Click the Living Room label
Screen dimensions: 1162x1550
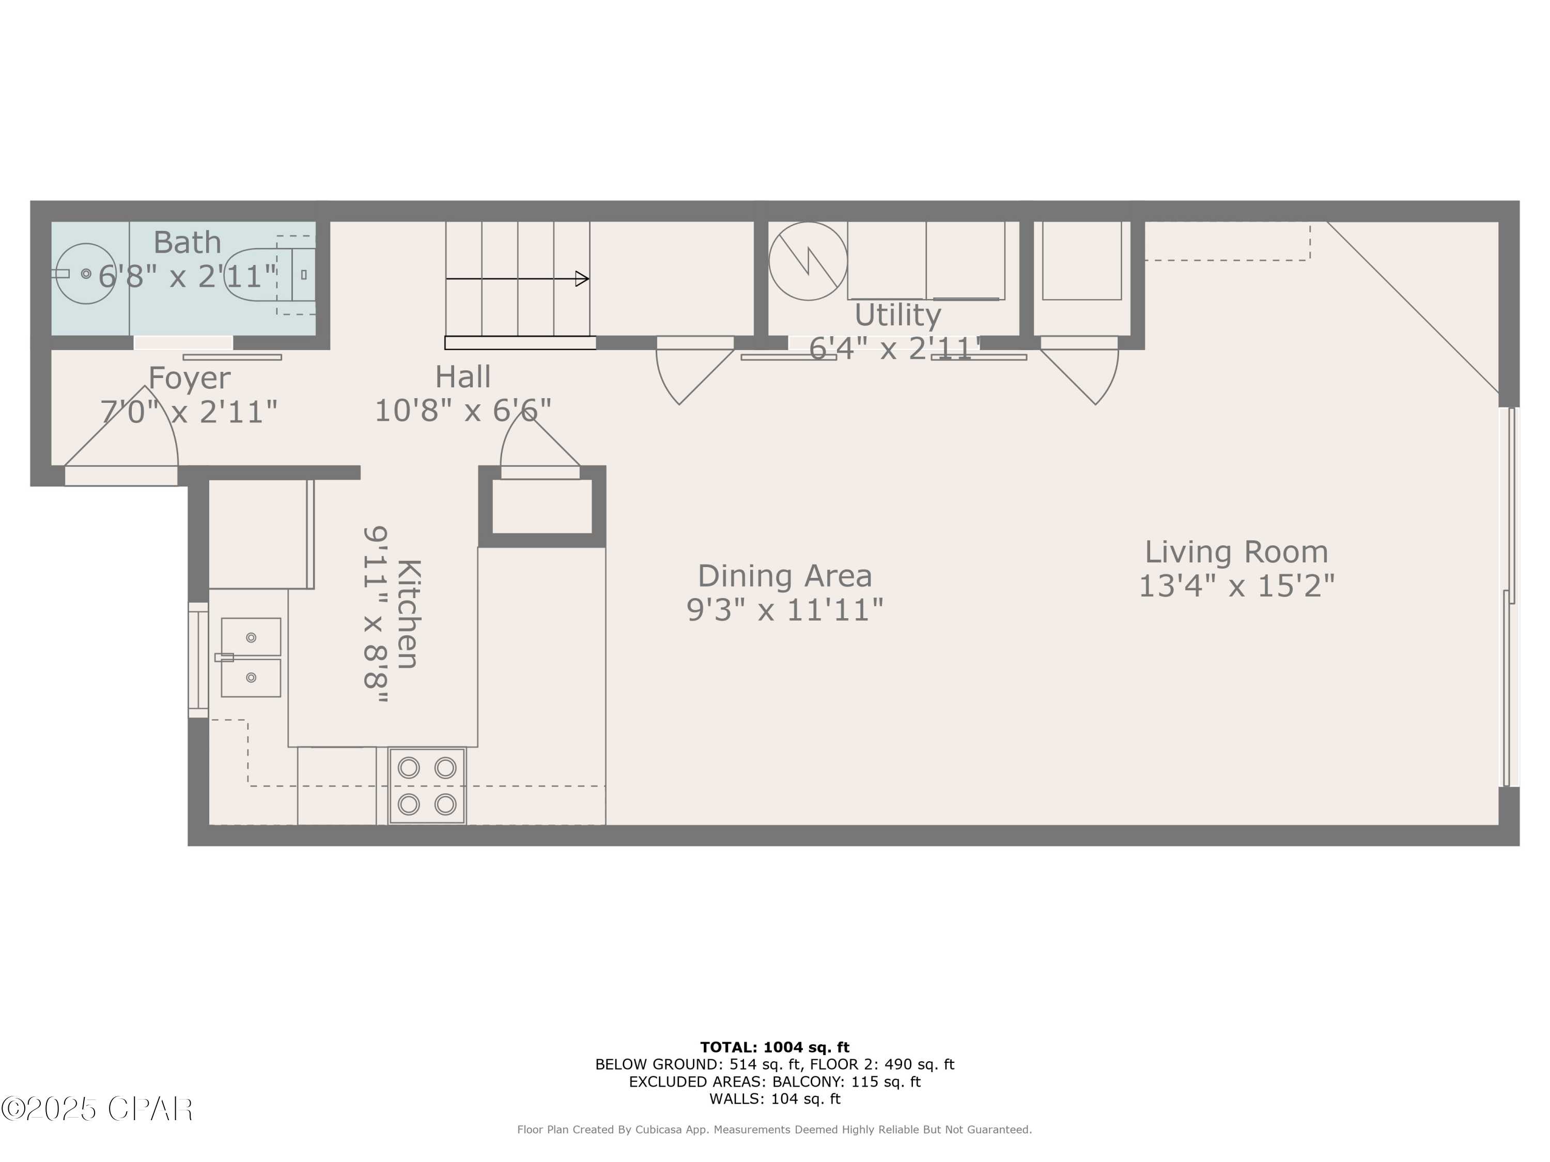(x=1236, y=552)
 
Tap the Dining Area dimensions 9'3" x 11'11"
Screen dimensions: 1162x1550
(x=784, y=610)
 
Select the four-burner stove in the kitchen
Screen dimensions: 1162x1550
(x=427, y=786)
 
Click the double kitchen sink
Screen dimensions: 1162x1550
(x=251, y=657)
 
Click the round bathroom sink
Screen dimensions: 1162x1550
(x=85, y=274)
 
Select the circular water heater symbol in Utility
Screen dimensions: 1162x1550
(x=808, y=261)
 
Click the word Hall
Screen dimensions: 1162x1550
(x=462, y=377)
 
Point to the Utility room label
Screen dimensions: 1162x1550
(x=897, y=315)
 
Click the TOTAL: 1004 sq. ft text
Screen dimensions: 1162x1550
(x=774, y=1047)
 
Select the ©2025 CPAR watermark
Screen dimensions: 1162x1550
(x=97, y=1109)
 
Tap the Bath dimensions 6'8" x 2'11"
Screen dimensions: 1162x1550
(x=188, y=276)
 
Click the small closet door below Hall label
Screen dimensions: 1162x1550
(x=539, y=445)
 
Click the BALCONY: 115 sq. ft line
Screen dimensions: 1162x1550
(x=774, y=1081)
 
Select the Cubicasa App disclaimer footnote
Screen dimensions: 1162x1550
(x=774, y=1129)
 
